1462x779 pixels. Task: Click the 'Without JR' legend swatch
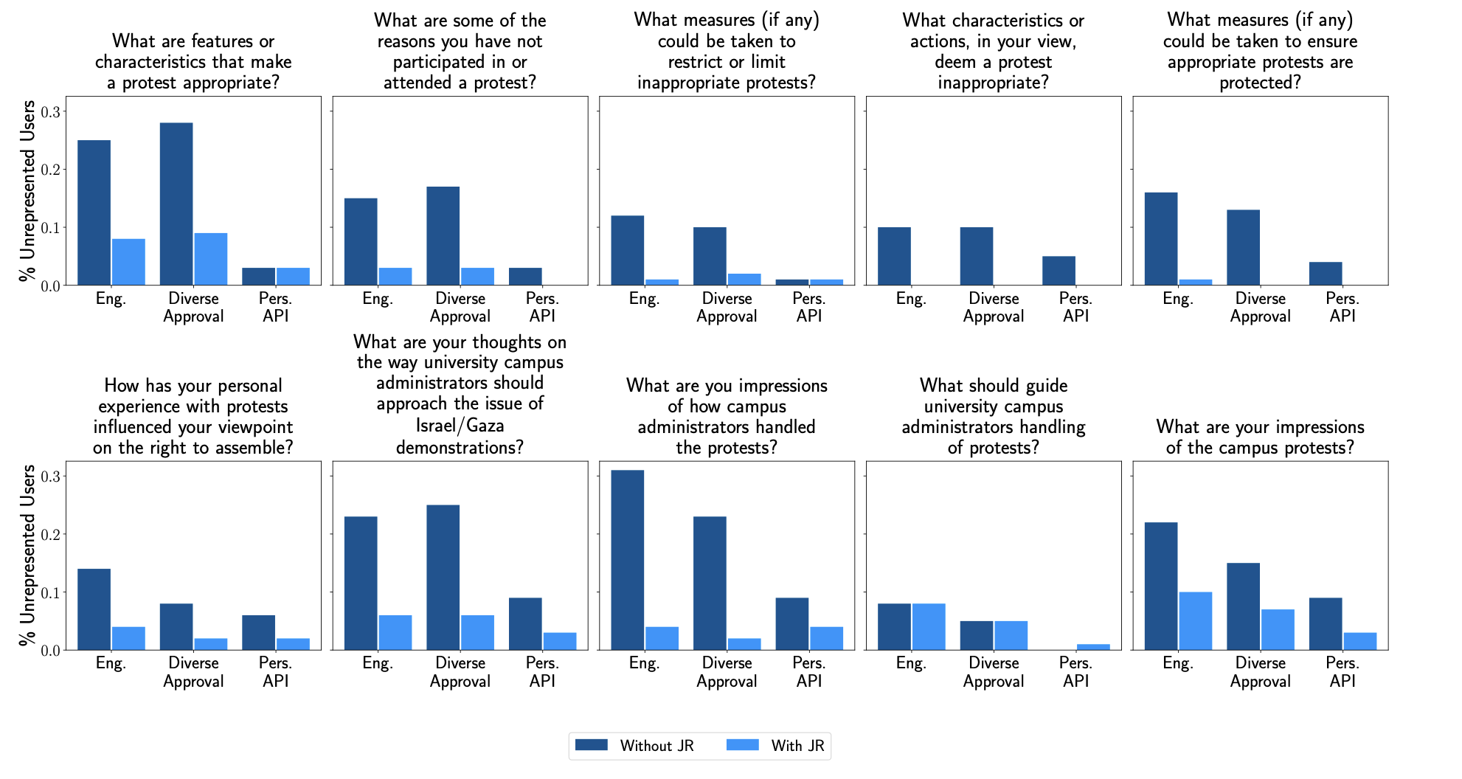click(591, 745)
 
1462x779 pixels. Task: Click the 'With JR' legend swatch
click(742, 745)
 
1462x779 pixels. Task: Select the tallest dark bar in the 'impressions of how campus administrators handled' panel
click(627, 560)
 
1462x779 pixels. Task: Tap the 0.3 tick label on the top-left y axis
click(50, 112)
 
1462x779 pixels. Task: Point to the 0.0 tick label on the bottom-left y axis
click(50, 651)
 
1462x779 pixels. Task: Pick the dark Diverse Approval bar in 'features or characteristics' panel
click(176, 204)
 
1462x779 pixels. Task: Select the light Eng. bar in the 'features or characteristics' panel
click(128, 262)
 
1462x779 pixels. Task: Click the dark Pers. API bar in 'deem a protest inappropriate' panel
click(1059, 271)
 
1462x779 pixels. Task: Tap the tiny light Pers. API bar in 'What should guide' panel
click(1093, 647)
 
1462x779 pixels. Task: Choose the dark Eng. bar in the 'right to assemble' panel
click(94, 609)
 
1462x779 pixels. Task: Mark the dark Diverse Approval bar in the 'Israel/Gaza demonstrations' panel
click(443, 578)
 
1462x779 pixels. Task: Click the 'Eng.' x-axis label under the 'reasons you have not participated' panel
click(378, 299)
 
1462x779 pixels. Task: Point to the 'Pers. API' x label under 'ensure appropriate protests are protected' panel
click(1343, 308)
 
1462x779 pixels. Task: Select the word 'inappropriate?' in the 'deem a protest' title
click(993, 83)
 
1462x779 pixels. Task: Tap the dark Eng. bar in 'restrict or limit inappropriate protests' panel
click(627, 250)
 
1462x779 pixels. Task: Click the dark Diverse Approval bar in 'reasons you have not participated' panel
click(443, 236)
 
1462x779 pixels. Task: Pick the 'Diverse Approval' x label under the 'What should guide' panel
click(993, 672)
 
